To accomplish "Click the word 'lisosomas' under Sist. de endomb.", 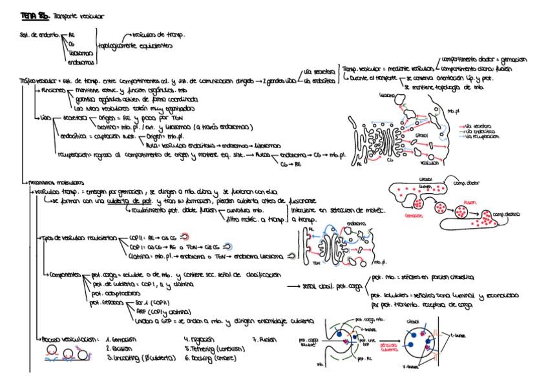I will click(77, 55).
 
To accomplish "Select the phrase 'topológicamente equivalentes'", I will click(136, 47).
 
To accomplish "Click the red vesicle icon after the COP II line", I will click(185, 236).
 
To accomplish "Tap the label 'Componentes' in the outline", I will click(67, 275).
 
